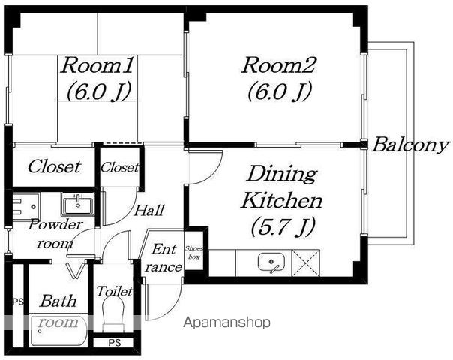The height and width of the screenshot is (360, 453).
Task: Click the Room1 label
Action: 97,65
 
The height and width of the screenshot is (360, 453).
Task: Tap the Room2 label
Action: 279,65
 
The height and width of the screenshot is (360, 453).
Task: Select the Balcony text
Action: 411,145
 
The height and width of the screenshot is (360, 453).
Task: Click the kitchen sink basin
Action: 271,262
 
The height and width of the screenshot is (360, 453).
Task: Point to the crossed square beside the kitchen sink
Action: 306,262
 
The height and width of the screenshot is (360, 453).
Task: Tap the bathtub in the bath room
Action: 58,330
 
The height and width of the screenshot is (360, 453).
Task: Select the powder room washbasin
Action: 78,204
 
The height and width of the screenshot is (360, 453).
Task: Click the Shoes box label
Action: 193,252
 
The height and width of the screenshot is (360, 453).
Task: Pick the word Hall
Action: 149,210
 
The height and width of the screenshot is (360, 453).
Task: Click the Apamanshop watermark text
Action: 226,322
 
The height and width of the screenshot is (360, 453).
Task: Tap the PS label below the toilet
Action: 115,343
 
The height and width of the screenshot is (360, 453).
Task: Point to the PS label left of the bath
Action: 18,302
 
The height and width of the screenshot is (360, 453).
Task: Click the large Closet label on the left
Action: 54,166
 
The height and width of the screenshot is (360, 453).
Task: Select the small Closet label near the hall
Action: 119,167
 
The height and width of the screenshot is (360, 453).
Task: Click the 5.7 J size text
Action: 282,226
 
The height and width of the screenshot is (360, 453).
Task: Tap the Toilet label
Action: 115,291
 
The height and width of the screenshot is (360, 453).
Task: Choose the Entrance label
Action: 163,258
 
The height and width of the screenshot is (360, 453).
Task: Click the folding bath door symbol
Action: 75,271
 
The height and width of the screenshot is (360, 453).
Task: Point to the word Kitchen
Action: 282,200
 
